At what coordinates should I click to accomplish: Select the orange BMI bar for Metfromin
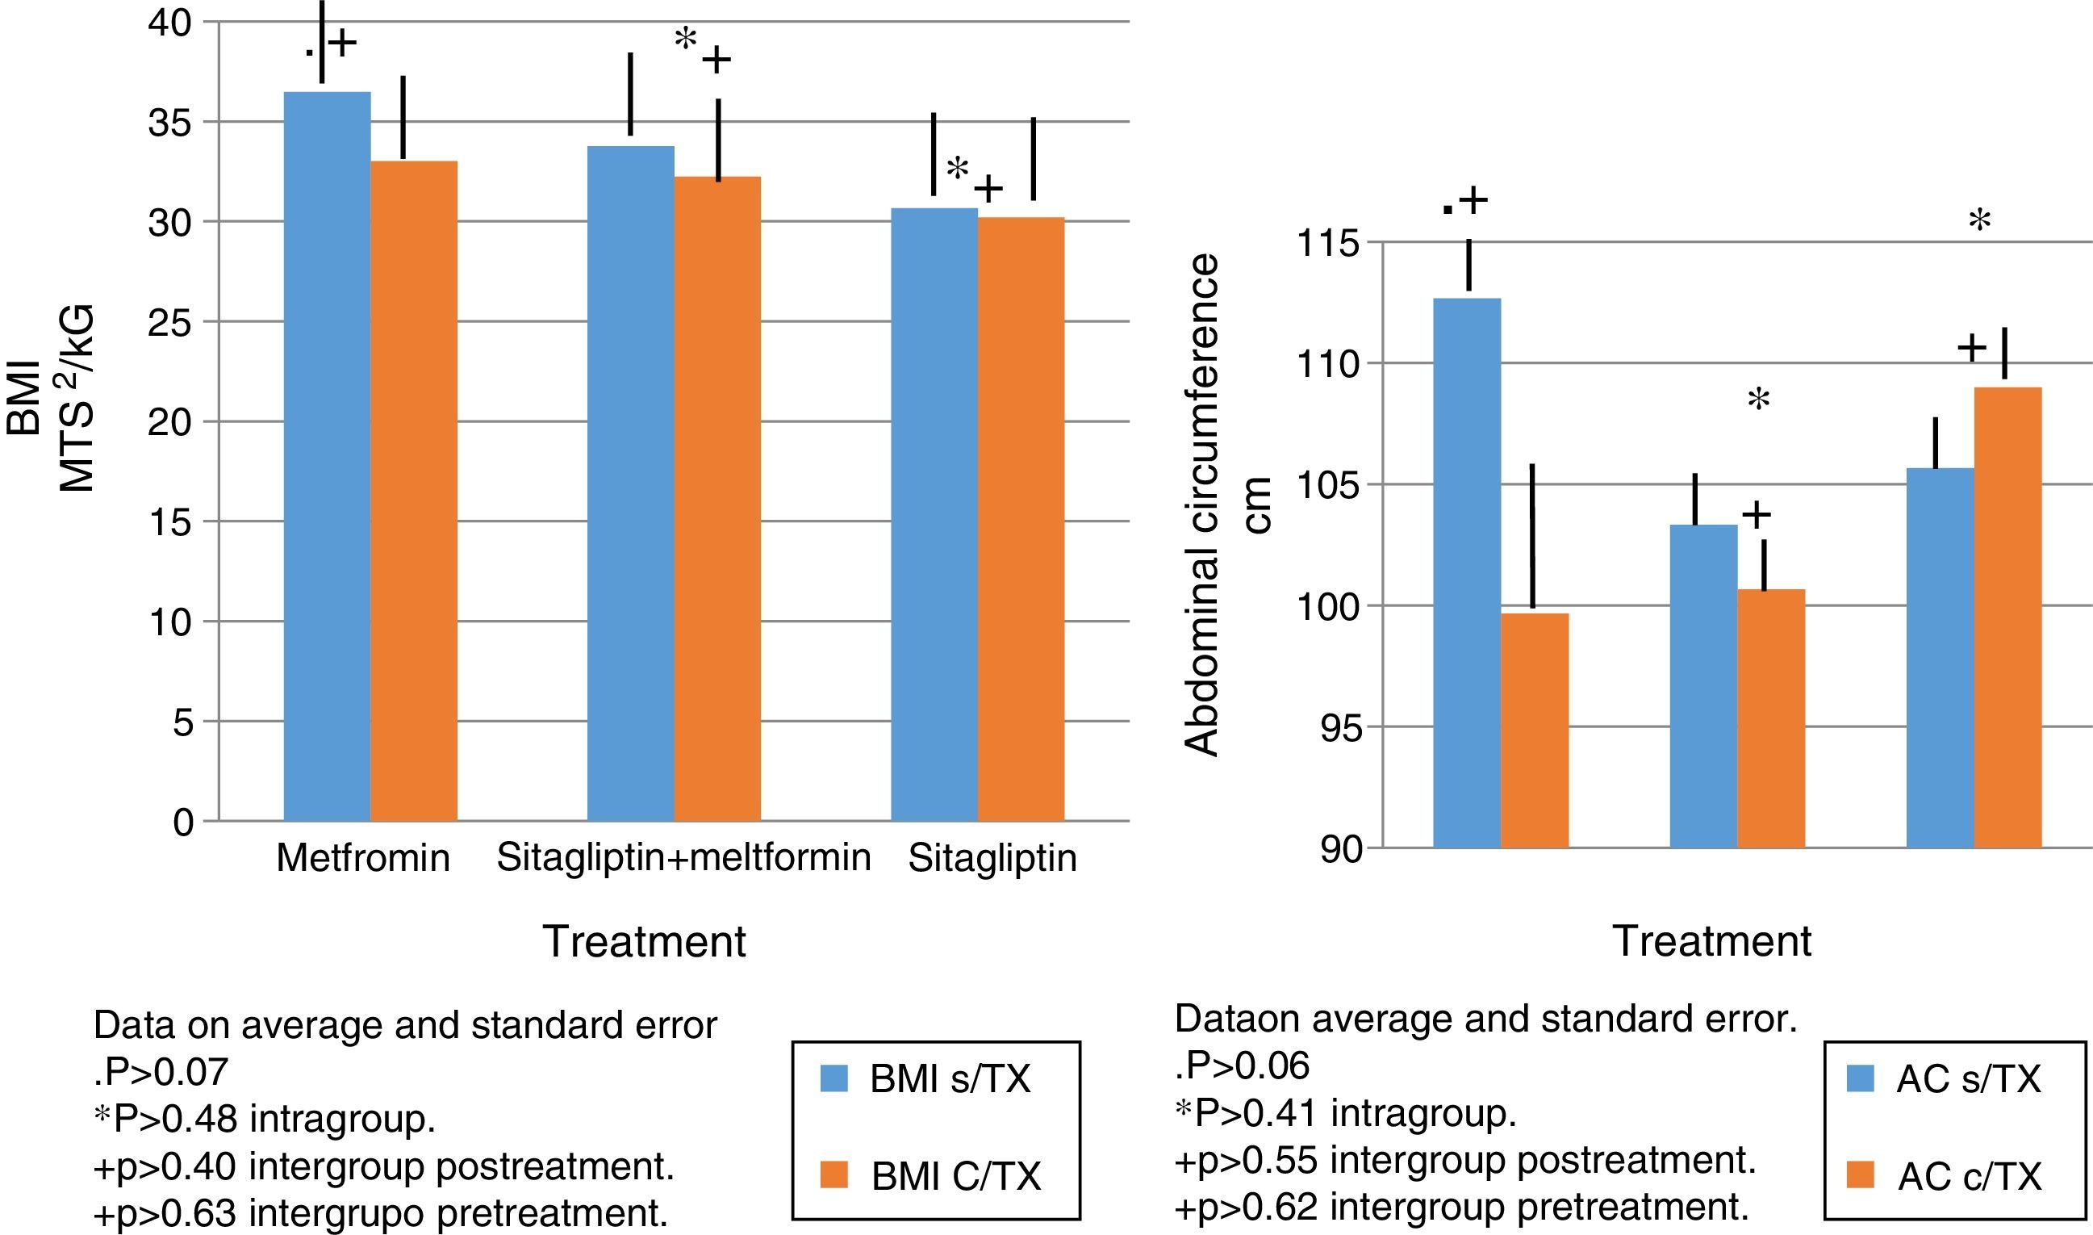point(413,491)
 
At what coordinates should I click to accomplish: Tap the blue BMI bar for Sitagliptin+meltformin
point(630,483)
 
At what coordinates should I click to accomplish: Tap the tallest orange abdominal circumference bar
point(2007,617)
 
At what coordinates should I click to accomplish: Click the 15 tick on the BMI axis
point(170,522)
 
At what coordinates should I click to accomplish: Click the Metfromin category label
point(363,858)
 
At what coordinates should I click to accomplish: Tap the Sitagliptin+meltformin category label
point(683,858)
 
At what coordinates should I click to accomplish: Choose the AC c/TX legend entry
point(1969,1176)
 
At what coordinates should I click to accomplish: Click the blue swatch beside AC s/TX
point(1860,1078)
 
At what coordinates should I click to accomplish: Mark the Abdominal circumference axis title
point(1202,505)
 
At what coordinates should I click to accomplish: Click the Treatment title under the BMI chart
point(644,942)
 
